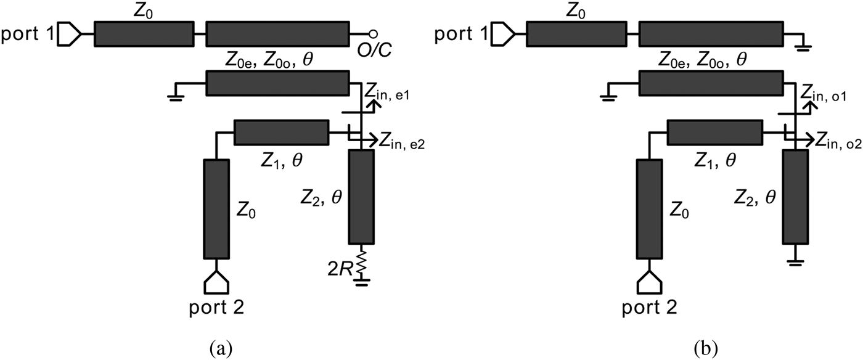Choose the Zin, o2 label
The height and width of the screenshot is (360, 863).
pos(838,144)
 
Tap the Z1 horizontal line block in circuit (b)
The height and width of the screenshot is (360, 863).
pos(714,132)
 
